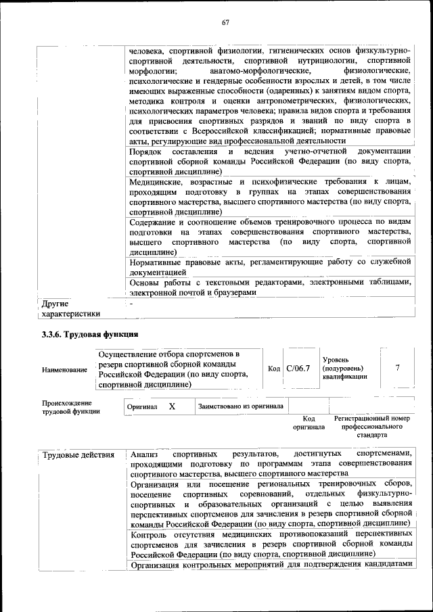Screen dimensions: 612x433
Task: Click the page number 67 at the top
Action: click(x=226, y=23)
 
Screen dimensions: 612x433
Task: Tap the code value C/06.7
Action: click(x=298, y=369)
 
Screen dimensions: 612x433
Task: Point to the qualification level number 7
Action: click(x=398, y=368)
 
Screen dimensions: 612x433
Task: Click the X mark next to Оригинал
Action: click(x=172, y=406)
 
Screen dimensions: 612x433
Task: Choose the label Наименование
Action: click(x=64, y=370)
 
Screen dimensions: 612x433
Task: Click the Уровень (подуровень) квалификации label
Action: click(x=345, y=368)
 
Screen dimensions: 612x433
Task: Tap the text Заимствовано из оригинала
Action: click(x=241, y=406)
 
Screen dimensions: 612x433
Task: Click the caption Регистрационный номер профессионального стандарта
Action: click(x=373, y=427)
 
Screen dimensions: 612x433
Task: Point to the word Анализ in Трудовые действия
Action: click(x=144, y=454)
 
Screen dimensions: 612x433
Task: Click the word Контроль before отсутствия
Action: click(x=150, y=535)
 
